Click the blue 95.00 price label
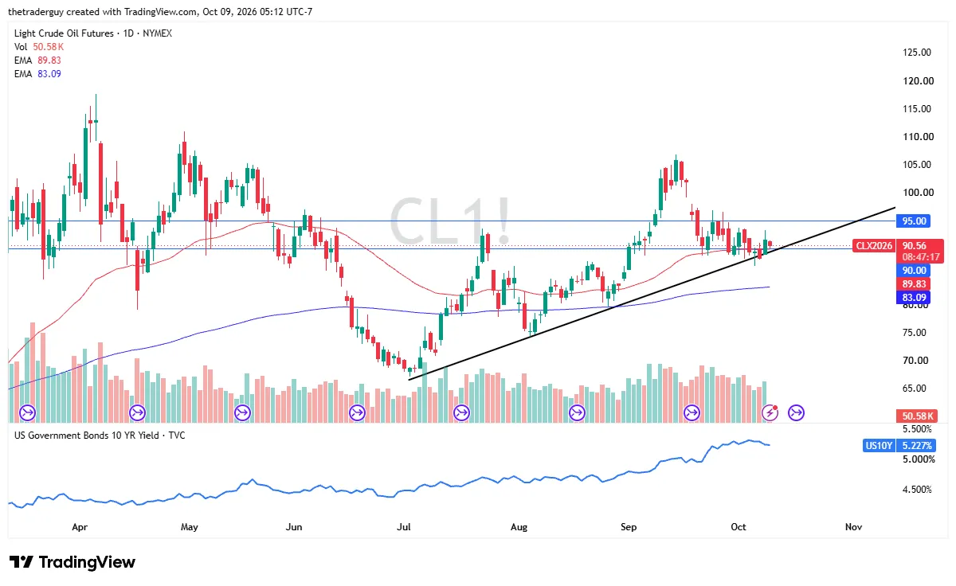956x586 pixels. coord(914,221)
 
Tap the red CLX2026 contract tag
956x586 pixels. coord(874,246)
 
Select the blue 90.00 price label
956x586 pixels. coord(914,271)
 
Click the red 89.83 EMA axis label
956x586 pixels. coord(914,284)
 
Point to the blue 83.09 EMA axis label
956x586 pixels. coord(914,298)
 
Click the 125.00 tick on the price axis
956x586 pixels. coord(917,53)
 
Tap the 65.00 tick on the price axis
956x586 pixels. coord(915,388)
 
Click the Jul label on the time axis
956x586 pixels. coord(404,527)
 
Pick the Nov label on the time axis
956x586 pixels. coord(853,527)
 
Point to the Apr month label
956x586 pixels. coord(80,527)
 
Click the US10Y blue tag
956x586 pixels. coord(879,446)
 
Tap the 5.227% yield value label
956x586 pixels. coord(916,446)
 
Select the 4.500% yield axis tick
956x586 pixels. coord(917,490)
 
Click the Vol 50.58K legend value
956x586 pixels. coord(49,46)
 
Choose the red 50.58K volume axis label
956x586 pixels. coord(917,416)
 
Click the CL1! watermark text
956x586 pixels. coord(449,221)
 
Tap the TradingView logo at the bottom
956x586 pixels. coord(72,562)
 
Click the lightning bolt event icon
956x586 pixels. coord(770,412)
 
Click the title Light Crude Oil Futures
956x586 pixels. coord(64,33)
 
